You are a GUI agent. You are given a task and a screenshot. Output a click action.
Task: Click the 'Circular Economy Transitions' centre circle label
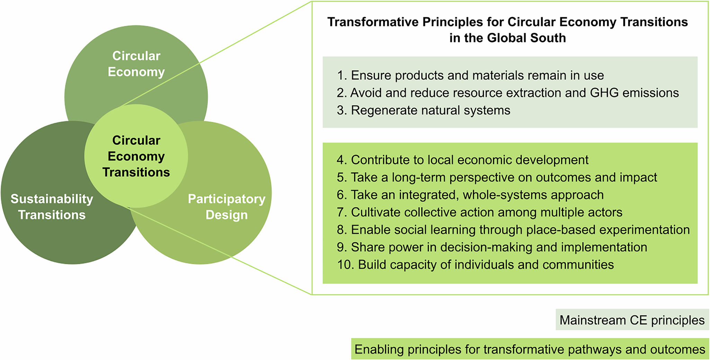coord(136,156)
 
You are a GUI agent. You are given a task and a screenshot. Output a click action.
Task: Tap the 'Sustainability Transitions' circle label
coord(52,207)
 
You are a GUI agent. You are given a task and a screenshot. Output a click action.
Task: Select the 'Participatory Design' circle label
coord(227,207)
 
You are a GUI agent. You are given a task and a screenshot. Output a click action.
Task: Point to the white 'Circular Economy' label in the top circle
coord(136,64)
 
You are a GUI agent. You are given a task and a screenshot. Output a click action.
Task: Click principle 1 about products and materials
coord(470,75)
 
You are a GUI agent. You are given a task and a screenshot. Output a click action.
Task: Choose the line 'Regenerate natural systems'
coord(423,110)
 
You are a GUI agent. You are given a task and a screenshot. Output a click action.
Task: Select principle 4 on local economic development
coord(462,160)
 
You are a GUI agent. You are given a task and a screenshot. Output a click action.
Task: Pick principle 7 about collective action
coord(479,212)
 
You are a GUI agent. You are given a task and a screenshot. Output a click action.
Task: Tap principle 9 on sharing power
coord(492,247)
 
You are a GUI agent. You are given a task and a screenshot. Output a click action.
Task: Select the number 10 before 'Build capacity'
coord(345,264)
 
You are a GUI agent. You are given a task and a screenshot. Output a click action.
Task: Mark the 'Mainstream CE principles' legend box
coord(632,320)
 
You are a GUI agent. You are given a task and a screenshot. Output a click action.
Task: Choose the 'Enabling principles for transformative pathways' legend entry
coord(530,349)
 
